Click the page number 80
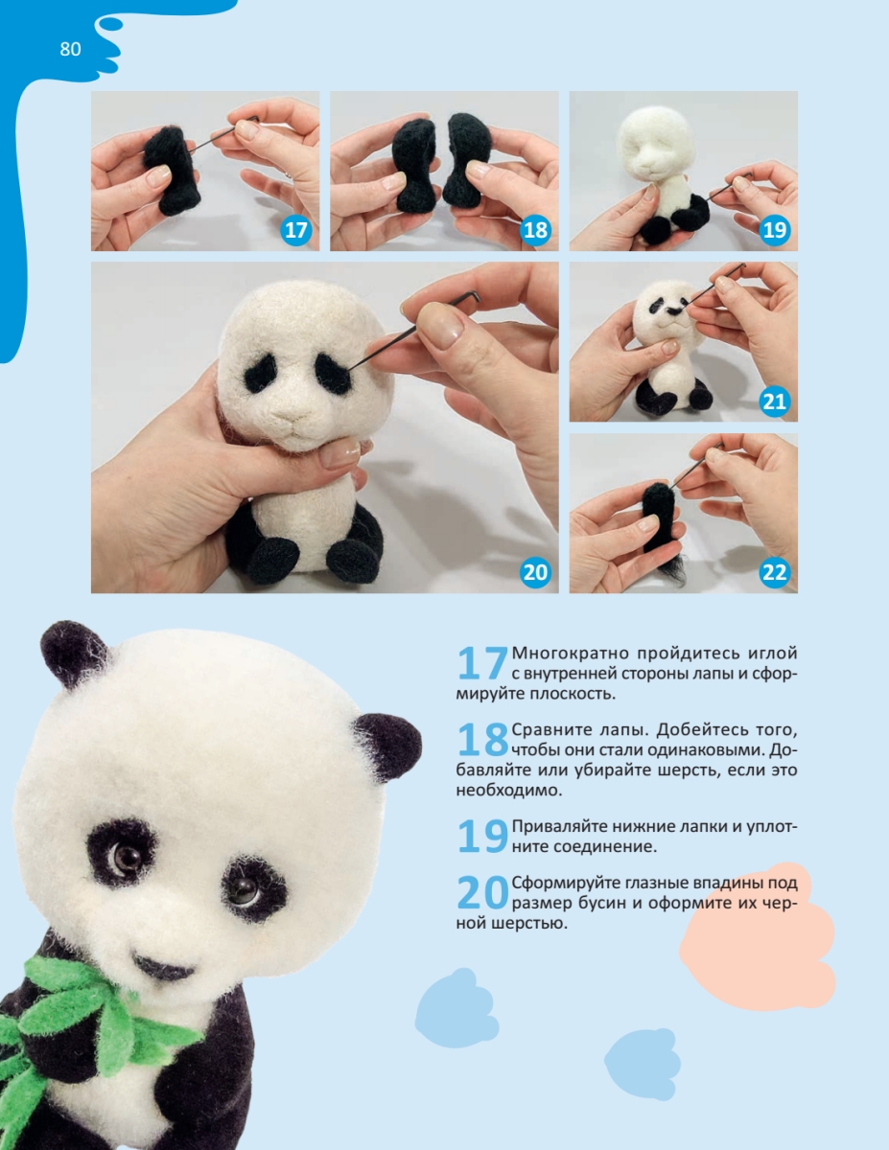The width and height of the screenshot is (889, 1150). point(70,49)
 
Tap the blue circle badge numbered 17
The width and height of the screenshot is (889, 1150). point(295,230)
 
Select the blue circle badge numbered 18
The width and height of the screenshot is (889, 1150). point(535,230)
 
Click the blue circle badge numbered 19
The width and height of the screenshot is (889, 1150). point(774,230)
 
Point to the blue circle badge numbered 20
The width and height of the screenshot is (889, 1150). point(535,572)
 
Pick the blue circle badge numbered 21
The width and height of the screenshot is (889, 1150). point(774,402)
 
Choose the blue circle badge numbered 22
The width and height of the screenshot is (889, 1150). point(774,572)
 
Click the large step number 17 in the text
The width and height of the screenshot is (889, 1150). point(481,663)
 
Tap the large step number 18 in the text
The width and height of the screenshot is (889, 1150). point(481,739)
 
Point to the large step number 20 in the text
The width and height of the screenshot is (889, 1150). point(481,893)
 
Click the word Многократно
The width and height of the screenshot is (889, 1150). point(571,654)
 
